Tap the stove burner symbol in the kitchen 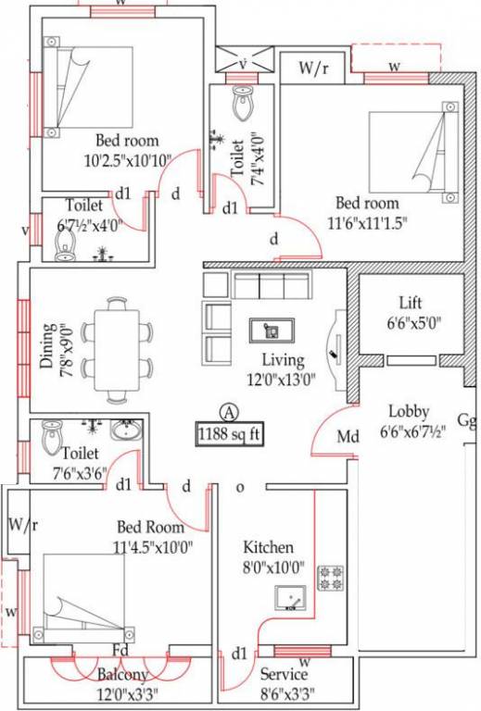tap(331, 579)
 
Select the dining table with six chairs tap(117, 350)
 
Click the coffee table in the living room tap(272, 331)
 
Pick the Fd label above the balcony tap(120, 650)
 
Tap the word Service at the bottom tap(284, 674)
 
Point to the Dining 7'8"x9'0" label tap(55, 345)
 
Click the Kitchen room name tap(268, 547)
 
